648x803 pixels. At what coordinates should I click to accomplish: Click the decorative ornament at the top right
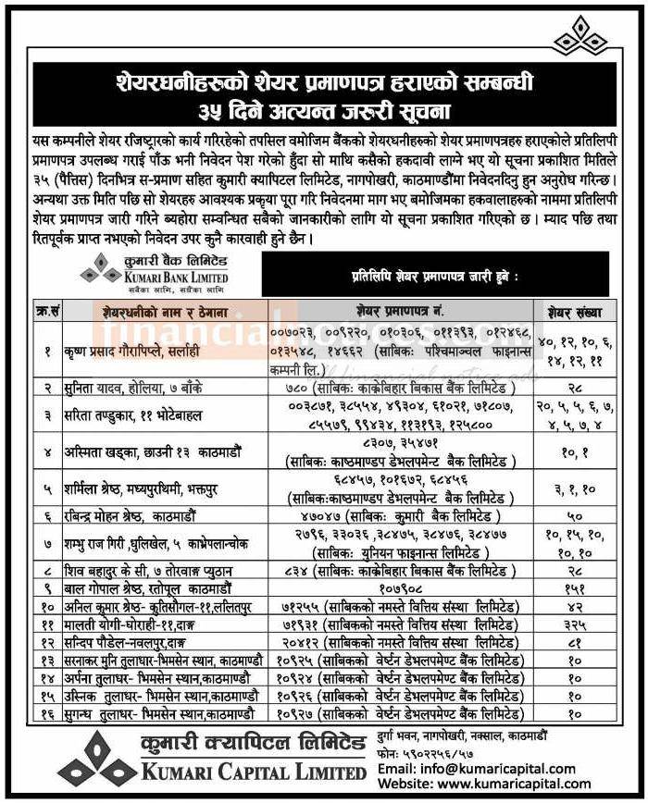(581, 38)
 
